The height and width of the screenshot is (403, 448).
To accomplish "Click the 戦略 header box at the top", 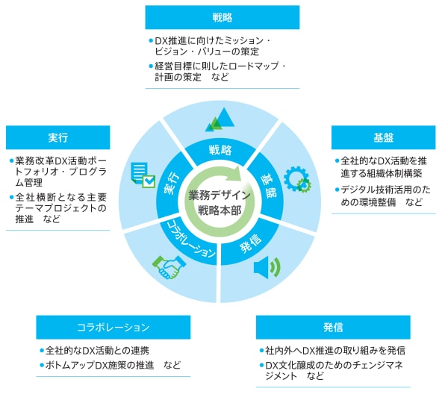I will (222, 17).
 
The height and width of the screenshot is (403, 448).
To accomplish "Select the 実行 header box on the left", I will (57, 137).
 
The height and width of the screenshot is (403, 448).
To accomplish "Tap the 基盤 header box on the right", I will (383, 137).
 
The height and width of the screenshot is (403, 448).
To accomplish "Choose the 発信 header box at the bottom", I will (333, 327).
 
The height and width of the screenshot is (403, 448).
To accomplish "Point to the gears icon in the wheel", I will (297, 179).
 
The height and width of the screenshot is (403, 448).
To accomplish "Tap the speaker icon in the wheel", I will (266, 267).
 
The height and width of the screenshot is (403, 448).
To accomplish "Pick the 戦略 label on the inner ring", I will (222, 149).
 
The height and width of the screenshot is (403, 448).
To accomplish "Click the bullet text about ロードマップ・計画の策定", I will (216, 72).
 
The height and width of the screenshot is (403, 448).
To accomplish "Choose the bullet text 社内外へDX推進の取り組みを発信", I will (333, 351).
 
